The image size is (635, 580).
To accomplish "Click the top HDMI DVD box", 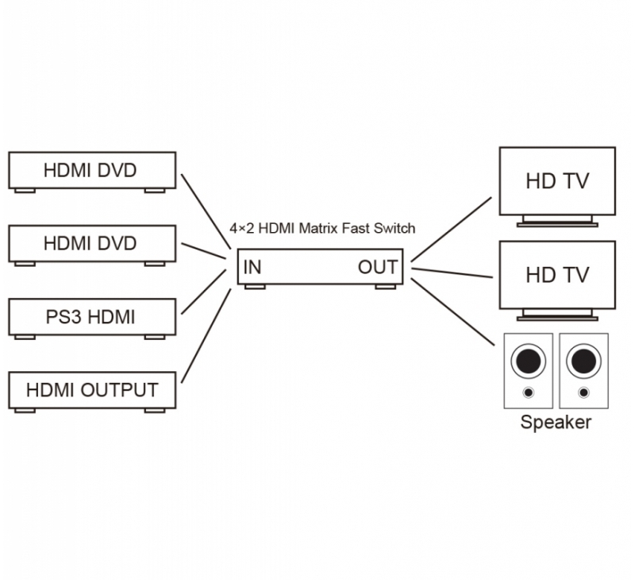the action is [92, 170].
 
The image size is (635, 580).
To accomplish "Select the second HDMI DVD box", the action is [92, 244].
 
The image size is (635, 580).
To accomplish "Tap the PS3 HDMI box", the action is [92, 317].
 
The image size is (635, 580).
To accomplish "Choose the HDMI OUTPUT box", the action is [92, 390].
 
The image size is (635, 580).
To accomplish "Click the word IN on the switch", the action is [252, 268].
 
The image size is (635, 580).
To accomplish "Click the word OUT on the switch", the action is [378, 268].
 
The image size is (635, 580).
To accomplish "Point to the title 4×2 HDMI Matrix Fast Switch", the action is [322, 228].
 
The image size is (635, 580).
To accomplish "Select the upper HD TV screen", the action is [557, 181].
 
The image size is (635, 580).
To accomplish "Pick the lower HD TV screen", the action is [557, 275].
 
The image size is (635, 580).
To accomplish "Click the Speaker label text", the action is [556, 423].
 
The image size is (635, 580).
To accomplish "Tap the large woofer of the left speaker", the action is [528, 361].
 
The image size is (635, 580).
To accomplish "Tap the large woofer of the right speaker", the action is [583, 361].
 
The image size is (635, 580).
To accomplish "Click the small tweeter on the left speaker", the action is [528, 392].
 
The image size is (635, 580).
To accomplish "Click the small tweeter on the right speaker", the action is [583, 392].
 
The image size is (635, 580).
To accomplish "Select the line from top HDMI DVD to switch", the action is [206, 211].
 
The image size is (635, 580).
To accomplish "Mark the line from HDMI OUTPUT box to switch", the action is [206, 335].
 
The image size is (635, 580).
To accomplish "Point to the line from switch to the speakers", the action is [452, 312].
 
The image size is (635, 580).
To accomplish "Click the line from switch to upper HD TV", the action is [451, 230].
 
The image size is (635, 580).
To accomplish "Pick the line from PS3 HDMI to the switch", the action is [204, 292].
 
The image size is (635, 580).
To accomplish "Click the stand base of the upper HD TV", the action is [557, 225].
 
